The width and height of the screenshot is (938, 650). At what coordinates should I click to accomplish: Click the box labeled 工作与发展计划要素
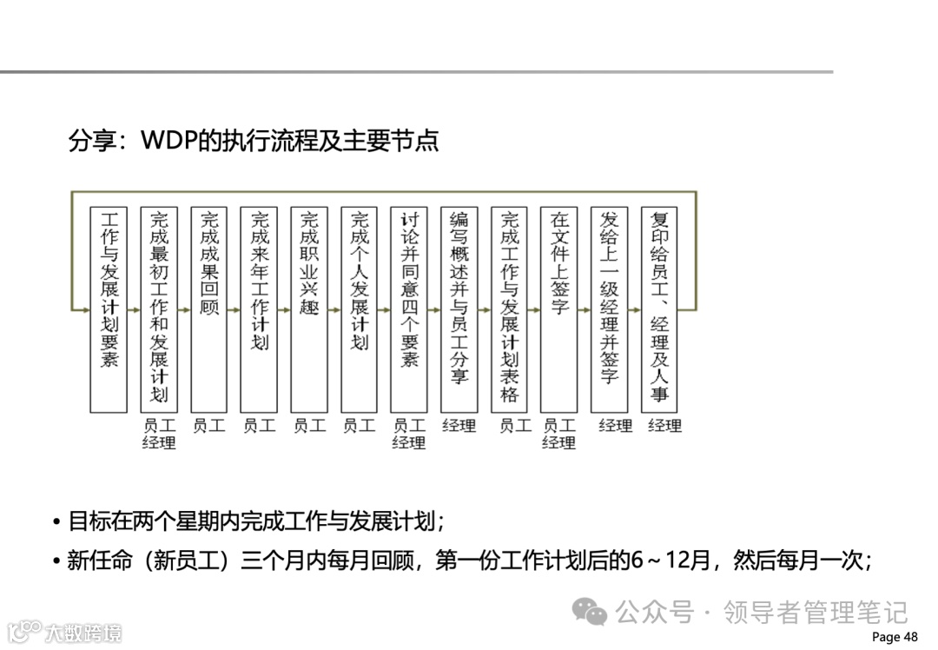point(109,309)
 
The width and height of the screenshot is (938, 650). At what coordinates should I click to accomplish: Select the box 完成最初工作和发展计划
point(159,309)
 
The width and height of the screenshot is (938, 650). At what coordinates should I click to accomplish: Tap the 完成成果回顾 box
point(209,309)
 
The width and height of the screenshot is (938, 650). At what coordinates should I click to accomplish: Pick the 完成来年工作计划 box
point(259,309)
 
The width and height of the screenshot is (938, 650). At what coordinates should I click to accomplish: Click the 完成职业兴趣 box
point(309,309)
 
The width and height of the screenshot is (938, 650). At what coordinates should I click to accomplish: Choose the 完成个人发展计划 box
point(359,309)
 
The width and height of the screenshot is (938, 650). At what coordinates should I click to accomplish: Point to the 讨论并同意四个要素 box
point(409,309)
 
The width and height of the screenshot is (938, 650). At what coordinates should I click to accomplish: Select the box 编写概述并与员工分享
point(459,309)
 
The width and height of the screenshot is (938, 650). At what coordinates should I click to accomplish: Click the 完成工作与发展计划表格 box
point(509,309)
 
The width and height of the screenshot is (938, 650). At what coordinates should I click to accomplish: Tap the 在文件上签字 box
point(558,309)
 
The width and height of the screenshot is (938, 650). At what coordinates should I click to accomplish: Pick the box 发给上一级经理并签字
point(609,309)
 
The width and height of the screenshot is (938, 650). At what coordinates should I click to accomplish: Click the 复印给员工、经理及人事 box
point(659,309)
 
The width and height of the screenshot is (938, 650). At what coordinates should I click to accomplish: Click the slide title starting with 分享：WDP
point(254,141)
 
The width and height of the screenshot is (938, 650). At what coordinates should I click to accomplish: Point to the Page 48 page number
point(894,637)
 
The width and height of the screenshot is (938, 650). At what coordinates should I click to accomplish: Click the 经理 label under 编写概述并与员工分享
point(459,426)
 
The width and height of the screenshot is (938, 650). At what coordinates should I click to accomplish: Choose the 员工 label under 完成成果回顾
point(209,426)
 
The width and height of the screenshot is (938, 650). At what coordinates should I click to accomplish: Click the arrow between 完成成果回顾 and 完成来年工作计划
point(234,309)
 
